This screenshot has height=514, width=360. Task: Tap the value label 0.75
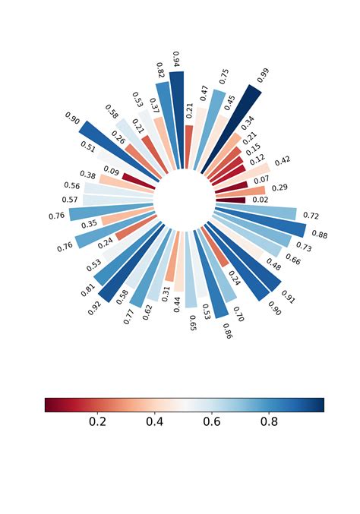pyautogui.click(x=224, y=76)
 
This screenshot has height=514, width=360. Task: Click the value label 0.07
pyautogui.click(x=261, y=180)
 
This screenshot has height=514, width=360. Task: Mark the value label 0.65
pyautogui.click(x=192, y=323)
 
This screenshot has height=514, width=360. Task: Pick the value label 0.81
pyautogui.click(x=88, y=289)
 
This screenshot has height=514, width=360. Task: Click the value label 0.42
pyautogui.click(x=283, y=160)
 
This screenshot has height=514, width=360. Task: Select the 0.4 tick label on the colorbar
pyautogui.click(x=155, y=421)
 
